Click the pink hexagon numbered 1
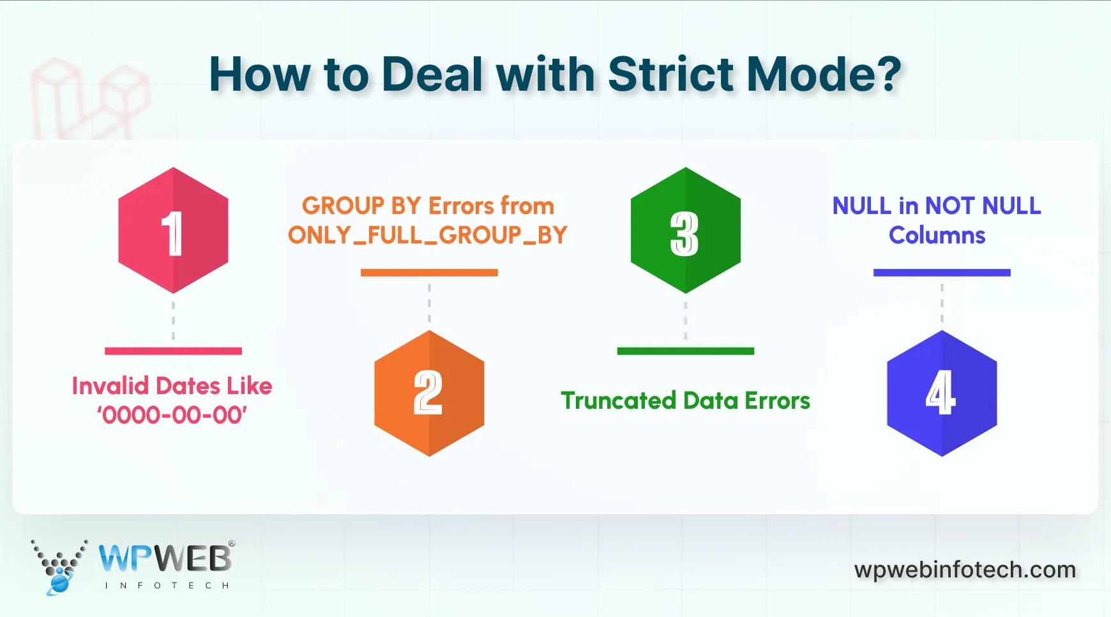[173, 231]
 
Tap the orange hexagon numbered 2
[429, 393]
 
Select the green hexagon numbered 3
[685, 231]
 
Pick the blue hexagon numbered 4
[942, 393]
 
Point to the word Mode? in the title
[824, 75]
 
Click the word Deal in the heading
[434, 75]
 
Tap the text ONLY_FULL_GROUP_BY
[427, 236]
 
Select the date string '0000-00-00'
[172, 416]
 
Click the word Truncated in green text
[618, 401]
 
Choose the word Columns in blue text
[937, 236]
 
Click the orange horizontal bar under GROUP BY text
[429, 273]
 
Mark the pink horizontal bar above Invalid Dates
[173, 351]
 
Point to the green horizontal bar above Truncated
[685, 351]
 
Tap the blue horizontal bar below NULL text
[942, 273]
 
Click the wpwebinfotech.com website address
[965, 570]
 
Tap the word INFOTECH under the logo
[167, 586]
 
